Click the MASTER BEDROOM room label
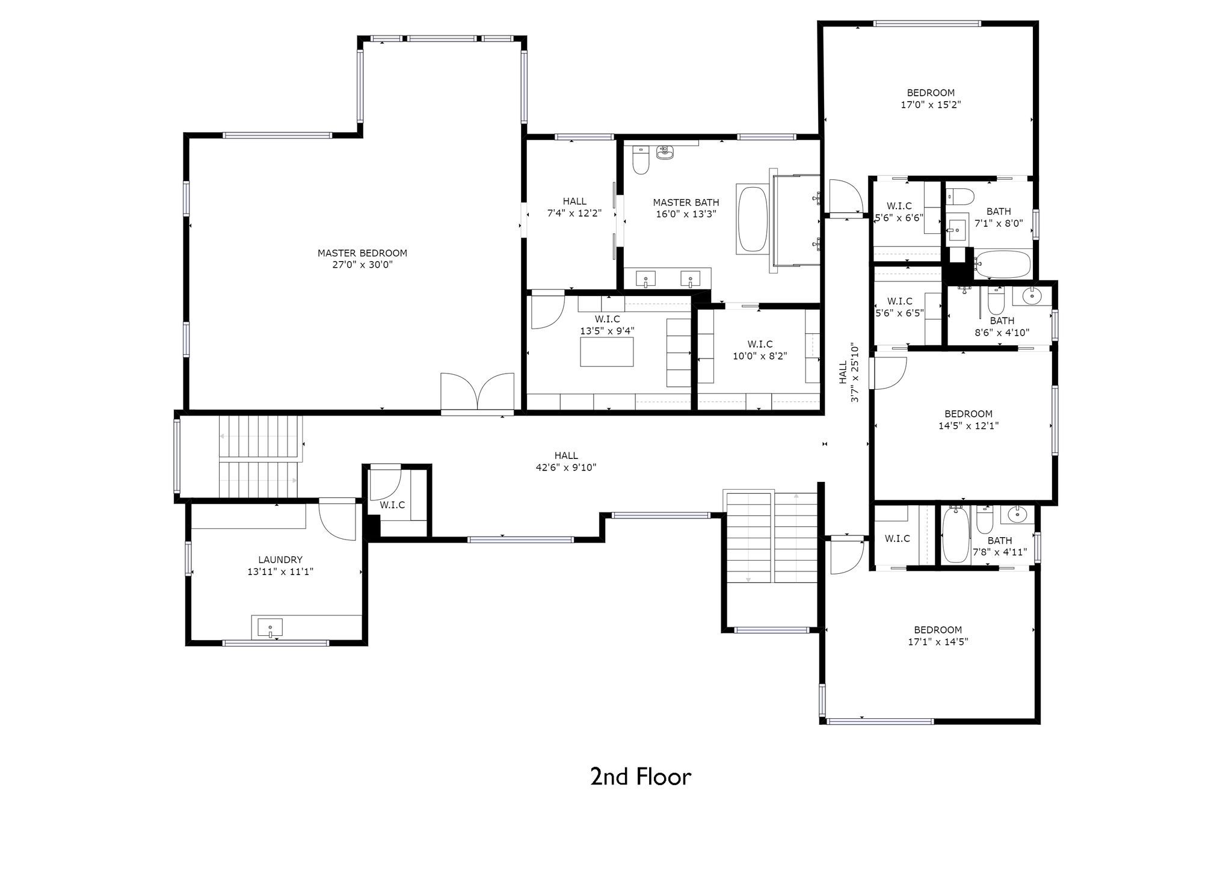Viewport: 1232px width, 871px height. click(362, 253)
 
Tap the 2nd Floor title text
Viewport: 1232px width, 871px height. click(641, 777)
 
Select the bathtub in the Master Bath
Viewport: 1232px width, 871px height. click(753, 220)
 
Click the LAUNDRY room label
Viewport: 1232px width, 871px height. click(280, 559)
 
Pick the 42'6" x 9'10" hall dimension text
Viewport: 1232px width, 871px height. click(566, 467)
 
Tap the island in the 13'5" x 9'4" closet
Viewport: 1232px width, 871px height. click(607, 352)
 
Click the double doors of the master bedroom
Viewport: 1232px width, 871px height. click(478, 393)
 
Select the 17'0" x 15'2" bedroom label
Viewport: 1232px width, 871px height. click(931, 105)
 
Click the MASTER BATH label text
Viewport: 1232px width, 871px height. click(686, 203)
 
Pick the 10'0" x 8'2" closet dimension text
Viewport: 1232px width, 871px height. click(760, 355)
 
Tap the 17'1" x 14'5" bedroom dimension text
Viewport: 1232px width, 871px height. click(938, 642)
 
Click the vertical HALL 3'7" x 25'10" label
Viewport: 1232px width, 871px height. click(848, 372)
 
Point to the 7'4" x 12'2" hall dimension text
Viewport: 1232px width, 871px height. click(574, 213)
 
